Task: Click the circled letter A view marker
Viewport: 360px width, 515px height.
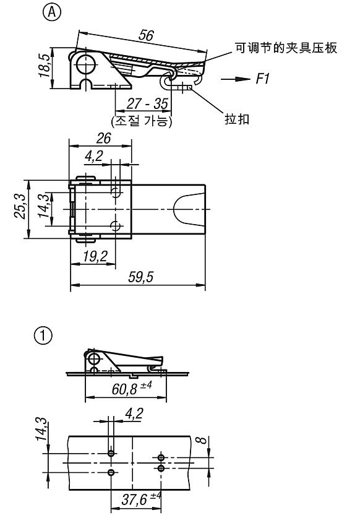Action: [52, 12]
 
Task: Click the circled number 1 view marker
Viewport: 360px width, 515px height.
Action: [43, 335]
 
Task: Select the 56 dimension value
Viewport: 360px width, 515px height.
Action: [146, 35]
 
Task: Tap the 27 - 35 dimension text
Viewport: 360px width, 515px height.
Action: [147, 104]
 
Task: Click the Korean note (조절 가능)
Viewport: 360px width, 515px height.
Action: [142, 121]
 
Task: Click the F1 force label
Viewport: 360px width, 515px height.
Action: [262, 79]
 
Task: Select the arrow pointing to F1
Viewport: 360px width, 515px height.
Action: [235, 79]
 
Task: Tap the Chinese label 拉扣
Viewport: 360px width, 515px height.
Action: [237, 119]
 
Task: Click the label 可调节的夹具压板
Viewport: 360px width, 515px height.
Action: [286, 48]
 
